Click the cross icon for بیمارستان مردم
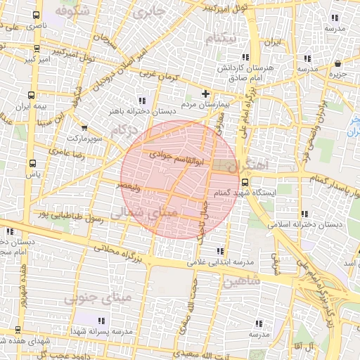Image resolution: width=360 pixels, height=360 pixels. click(205, 94)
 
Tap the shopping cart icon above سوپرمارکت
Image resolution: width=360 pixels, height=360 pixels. click(84, 128)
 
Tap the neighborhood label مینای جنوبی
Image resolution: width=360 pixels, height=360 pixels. click(98, 298)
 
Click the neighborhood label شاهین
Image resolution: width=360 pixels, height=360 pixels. click(241, 282)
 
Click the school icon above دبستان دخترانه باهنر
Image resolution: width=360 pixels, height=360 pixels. click(143, 100)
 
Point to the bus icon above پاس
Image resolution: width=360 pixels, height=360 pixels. click(30, 162)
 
